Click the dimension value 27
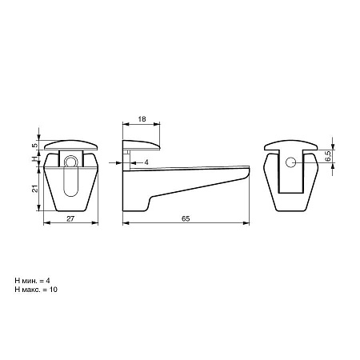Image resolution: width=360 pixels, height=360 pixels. (x=70, y=218)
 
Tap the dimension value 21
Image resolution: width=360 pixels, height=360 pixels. (x=34, y=189)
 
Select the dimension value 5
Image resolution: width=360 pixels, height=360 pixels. (x=34, y=146)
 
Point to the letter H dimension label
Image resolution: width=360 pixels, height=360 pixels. (x=34, y=159)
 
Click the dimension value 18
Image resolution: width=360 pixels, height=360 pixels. (x=142, y=119)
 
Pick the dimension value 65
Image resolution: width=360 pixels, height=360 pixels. (x=186, y=218)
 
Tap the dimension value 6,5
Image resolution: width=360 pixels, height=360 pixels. (x=328, y=156)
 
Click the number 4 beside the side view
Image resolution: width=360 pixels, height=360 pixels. (x=146, y=162)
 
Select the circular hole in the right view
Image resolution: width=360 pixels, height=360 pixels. (x=290, y=162)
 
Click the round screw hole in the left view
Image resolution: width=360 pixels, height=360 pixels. (x=70, y=162)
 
